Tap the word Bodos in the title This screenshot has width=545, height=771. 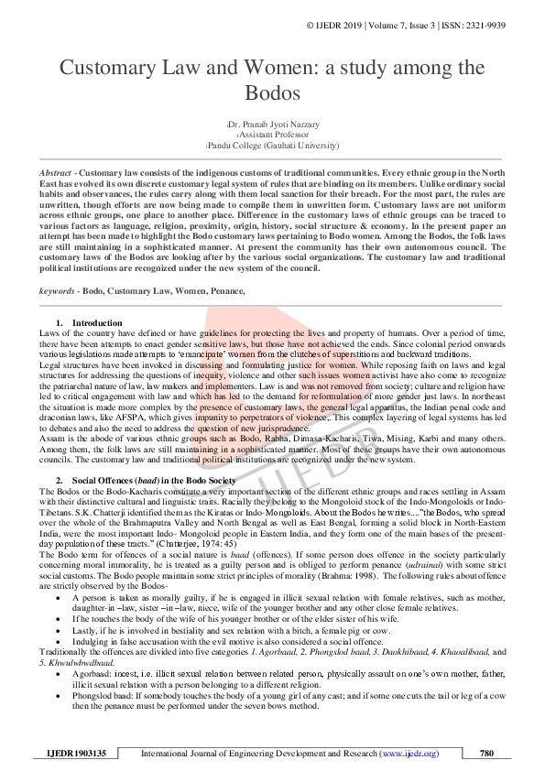[x=272, y=92]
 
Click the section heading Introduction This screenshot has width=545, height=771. [x=96, y=323]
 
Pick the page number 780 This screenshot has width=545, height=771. [x=486, y=754]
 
